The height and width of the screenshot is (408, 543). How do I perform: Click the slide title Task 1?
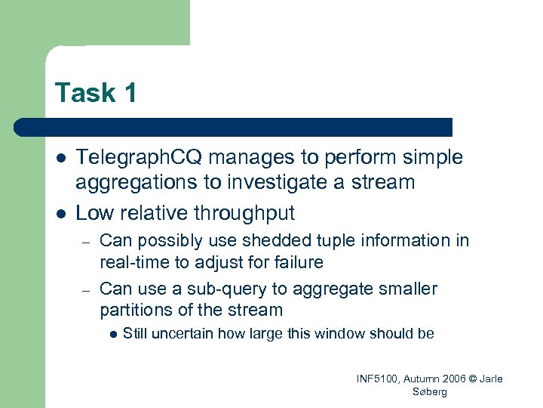pos(96,92)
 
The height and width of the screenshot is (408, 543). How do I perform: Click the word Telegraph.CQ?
pos(140,157)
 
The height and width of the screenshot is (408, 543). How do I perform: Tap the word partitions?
pos(135,310)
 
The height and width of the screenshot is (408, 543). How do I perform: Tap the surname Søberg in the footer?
pos(431,391)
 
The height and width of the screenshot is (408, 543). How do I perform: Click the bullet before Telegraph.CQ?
pos(59,158)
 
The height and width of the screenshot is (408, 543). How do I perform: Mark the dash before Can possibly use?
pos(86,242)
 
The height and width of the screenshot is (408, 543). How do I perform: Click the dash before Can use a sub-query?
pos(86,289)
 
